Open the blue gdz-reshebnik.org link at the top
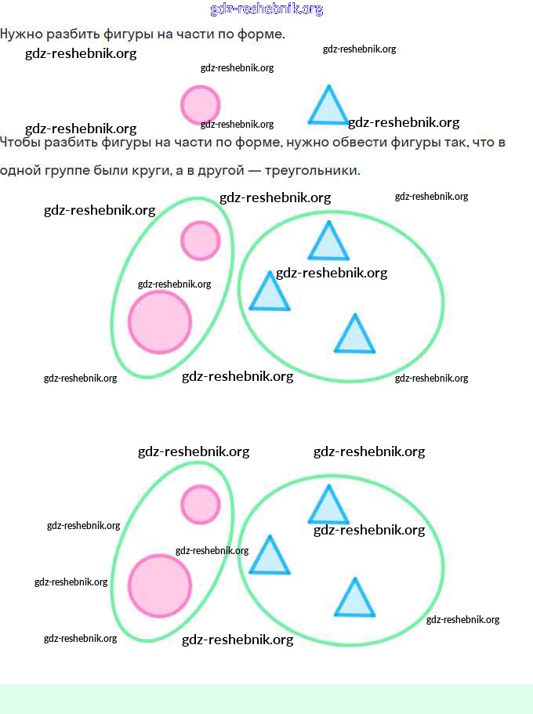click(266, 9)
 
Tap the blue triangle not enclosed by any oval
click(328, 108)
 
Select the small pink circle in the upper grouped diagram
click(200, 240)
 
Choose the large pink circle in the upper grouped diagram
click(160, 321)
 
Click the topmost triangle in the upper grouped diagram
click(328, 244)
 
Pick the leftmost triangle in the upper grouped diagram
click(269, 294)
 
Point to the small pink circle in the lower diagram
click(200, 504)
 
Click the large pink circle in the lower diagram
click(160, 585)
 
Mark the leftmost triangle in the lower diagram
click(269, 558)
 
